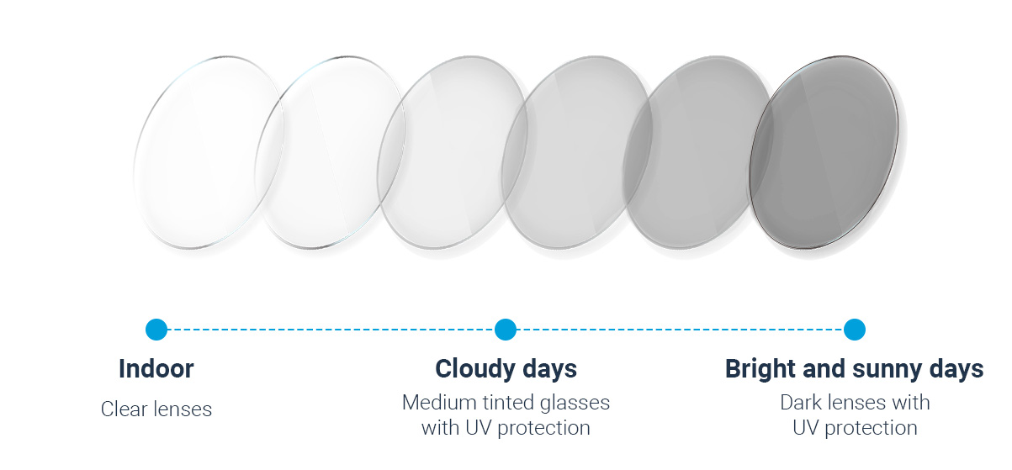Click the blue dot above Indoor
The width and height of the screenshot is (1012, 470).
pyautogui.click(x=156, y=329)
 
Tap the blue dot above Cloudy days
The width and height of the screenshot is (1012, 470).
pyautogui.click(x=506, y=329)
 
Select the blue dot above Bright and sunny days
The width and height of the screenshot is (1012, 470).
pyautogui.click(x=855, y=329)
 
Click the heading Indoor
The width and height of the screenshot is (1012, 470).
pyautogui.click(x=156, y=369)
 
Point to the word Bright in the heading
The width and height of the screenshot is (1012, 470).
pyautogui.click(x=760, y=369)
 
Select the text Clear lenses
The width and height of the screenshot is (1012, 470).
pyautogui.click(x=156, y=409)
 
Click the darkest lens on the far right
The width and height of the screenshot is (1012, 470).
pyautogui.click(x=824, y=152)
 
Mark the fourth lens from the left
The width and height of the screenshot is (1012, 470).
pyautogui.click(x=577, y=152)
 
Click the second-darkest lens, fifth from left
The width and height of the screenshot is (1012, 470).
pyautogui.click(x=699, y=152)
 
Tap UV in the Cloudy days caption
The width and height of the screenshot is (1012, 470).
pyautogui.click(x=478, y=428)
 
